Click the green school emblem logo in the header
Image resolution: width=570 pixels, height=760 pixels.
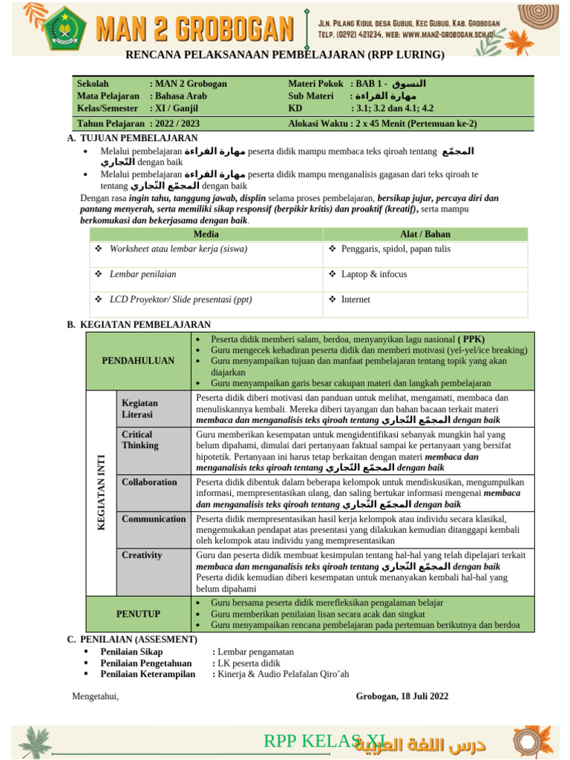(x=66, y=27)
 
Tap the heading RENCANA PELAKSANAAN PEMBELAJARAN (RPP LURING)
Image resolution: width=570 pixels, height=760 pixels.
(x=285, y=54)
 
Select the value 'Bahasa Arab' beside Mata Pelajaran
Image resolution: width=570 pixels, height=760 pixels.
(x=180, y=96)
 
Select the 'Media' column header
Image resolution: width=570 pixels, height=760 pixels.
(x=206, y=235)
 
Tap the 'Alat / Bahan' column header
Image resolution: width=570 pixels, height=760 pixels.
(x=425, y=235)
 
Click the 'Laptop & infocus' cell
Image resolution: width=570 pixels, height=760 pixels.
(x=373, y=275)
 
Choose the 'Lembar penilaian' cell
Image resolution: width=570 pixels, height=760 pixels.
(x=143, y=275)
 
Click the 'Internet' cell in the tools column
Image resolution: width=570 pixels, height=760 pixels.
(x=356, y=300)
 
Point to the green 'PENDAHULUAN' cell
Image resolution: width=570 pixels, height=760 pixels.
(x=138, y=361)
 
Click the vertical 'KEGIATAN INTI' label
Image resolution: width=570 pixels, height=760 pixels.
(x=101, y=493)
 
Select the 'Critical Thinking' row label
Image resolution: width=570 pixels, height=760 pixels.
(x=140, y=440)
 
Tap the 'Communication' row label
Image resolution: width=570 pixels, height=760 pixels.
(x=154, y=519)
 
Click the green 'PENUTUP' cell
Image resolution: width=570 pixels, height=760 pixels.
(x=138, y=614)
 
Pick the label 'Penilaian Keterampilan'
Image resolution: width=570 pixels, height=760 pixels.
(x=148, y=674)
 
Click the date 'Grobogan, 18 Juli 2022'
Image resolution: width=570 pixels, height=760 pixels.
(x=402, y=696)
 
